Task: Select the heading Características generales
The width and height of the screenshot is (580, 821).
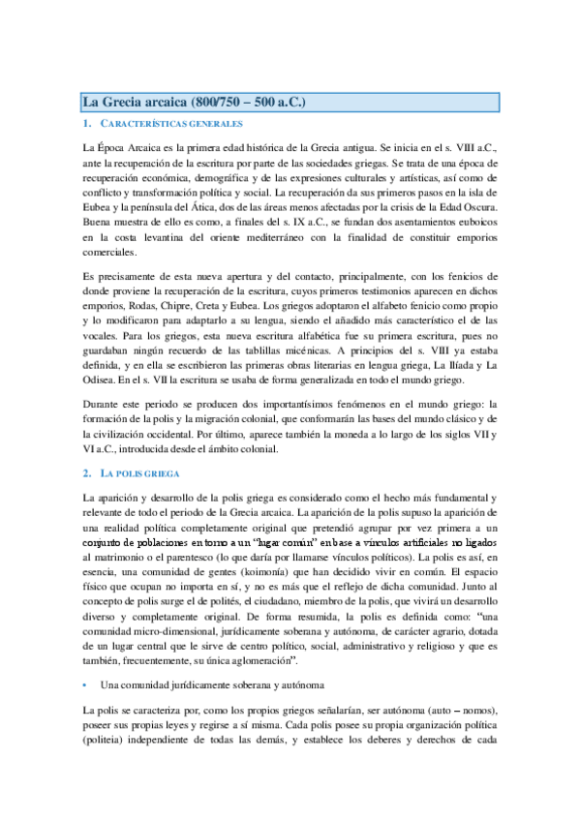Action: click(170, 125)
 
